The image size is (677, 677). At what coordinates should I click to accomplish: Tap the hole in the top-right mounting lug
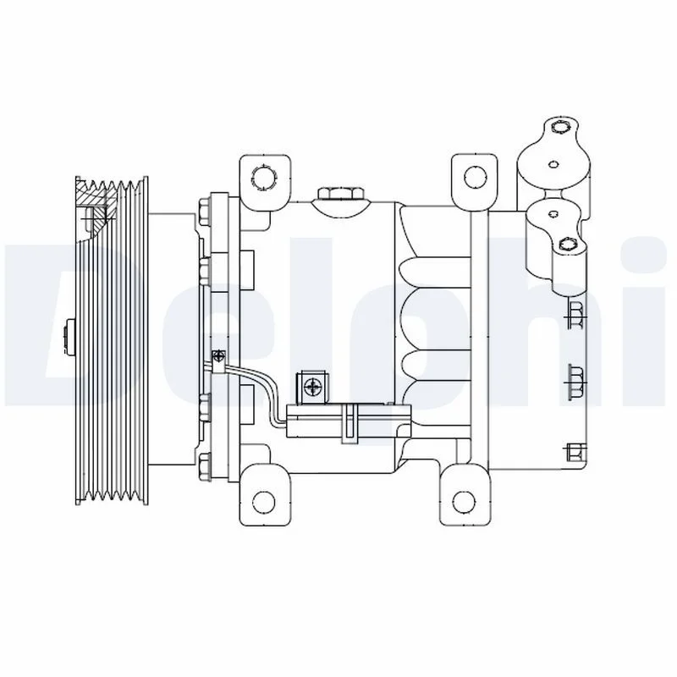[476, 177]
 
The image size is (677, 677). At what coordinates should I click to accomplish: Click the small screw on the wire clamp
[217, 355]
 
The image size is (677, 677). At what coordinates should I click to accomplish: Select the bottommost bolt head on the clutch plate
[204, 464]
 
